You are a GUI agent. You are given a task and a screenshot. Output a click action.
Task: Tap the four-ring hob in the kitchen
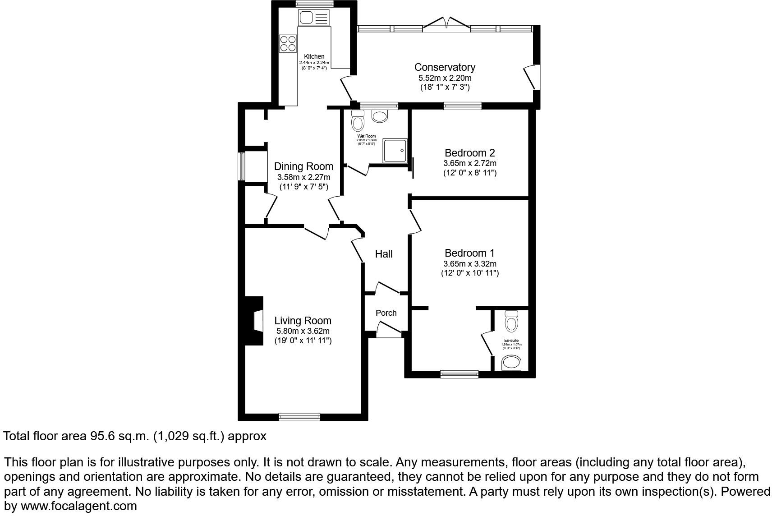pos(288,43)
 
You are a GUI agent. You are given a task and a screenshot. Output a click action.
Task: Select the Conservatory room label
pos(445,67)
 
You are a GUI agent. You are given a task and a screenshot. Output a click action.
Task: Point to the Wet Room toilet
pos(358,120)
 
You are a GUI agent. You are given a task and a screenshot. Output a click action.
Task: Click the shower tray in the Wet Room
pos(395,151)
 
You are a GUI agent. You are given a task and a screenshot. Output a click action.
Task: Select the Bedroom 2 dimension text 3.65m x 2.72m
pos(469,163)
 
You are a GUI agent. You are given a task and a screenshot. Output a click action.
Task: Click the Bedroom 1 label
pos(469,253)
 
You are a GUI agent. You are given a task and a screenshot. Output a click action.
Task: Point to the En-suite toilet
pos(511,321)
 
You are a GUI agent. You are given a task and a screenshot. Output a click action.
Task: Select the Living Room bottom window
pos(299,417)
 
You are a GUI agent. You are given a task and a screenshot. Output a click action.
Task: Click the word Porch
pos(386,313)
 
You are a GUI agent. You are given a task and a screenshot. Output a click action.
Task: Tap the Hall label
pos(384,254)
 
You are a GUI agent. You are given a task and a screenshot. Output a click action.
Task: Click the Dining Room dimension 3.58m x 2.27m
pos(303,177)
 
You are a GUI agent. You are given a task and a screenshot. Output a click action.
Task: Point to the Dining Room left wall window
pos(242,167)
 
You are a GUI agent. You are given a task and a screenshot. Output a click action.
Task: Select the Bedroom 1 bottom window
pos(459,373)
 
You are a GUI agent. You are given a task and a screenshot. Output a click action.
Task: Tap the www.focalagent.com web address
pos(79,506)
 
